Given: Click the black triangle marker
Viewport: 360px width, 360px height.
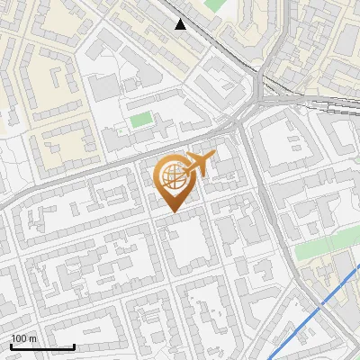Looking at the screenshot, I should click(x=181, y=24).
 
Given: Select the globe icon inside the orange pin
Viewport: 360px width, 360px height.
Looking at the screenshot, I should click(x=173, y=178).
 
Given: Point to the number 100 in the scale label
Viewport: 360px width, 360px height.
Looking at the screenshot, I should click(x=19, y=338).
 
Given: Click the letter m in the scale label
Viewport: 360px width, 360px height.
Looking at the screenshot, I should click(x=32, y=338).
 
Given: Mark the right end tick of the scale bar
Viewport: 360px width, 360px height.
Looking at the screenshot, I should click(x=74, y=346).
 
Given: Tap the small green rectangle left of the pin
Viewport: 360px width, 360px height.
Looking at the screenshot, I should click(x=141, y=120).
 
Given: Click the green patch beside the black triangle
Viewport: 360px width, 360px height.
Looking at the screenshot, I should click(x=213, y=4).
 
